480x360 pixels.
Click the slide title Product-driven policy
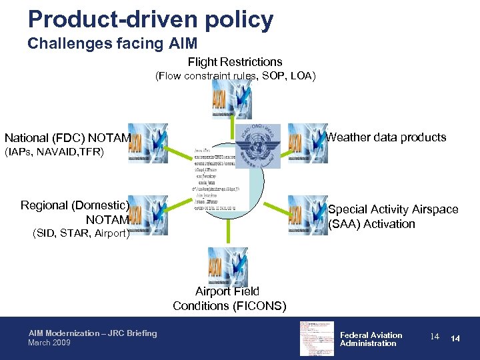click(151, 19)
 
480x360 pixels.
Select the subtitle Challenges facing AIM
click(112, 44)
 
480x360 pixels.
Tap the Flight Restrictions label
click(235, 62)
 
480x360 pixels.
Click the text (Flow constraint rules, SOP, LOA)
click(235, 76)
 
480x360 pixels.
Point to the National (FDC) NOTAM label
click(67, 138)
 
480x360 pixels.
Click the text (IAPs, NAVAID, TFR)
click(54, 153)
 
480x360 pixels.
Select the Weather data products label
click(386, 137)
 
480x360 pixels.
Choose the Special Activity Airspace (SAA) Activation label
click(393, 217)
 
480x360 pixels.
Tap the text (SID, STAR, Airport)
click(81, 233)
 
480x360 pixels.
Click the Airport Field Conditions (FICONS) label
click(229, 299)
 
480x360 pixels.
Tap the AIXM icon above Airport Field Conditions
click(227, 267)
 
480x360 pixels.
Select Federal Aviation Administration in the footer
click(371, 339)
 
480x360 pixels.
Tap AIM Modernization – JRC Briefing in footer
click(93, 333)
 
